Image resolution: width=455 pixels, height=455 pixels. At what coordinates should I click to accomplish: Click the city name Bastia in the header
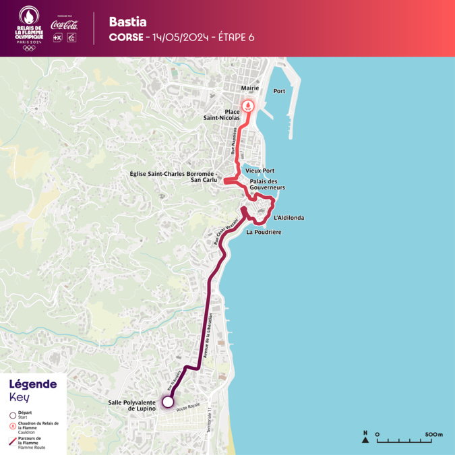coord(127,22)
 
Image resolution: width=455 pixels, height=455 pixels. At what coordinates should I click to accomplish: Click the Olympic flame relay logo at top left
coord(29,28)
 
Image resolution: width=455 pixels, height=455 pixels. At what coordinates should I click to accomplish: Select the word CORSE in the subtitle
coord(125,38)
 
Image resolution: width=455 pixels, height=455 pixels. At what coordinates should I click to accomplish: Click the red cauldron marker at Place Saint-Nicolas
coord(249,106)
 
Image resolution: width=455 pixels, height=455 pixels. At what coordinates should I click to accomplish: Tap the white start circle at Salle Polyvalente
coord(168,401)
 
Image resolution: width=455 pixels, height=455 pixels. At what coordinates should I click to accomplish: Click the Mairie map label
coord(249,88)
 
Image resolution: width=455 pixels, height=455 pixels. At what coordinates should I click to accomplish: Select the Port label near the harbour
coord(280,91)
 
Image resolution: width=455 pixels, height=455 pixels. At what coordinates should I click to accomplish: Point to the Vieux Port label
coord(260,171)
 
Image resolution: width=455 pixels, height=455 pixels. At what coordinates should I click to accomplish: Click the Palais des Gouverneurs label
coord(268,184)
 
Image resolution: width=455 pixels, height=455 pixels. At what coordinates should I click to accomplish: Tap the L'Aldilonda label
coord(289,218)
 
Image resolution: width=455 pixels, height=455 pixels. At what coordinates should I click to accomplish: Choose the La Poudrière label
coord(264,232)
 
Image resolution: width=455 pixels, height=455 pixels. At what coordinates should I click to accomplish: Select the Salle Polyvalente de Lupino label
coord(132,405)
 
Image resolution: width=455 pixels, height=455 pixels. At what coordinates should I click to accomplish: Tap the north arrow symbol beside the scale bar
coord(365,439)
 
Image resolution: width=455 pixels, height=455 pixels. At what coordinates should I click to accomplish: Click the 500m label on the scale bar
coord(434,434)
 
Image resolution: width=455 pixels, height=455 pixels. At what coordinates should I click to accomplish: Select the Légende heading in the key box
coord(32,384)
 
